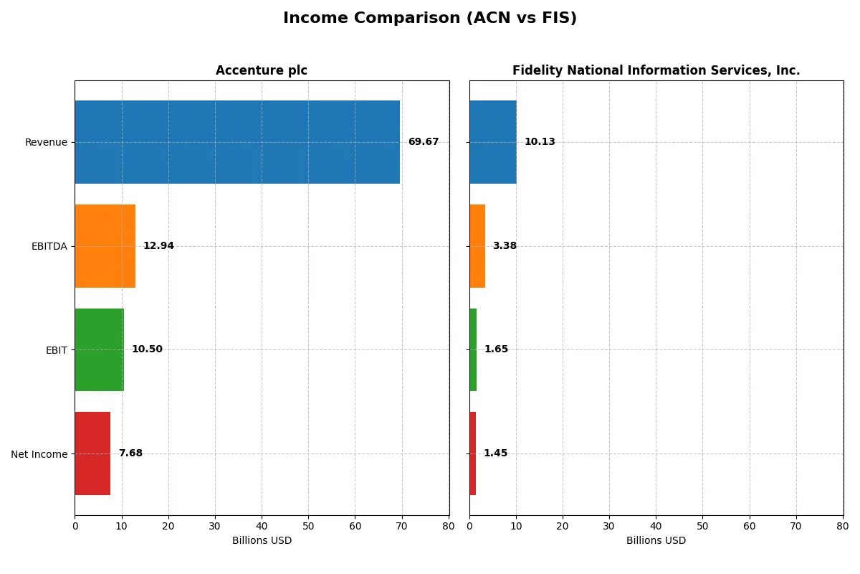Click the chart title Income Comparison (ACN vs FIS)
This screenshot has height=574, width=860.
(x=430, y=19)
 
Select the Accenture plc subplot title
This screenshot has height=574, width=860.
(x=262, y=70)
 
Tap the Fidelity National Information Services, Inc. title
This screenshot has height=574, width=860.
(x=656, y=70)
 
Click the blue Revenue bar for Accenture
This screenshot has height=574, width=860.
(x=237, y=142)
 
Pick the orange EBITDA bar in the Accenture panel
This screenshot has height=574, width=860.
(x=105, y=246)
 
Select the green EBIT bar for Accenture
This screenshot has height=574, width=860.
(x=100, y=349)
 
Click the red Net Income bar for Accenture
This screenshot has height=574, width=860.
(x=92, y=453)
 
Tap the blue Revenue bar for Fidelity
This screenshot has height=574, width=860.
(x=493, y=142)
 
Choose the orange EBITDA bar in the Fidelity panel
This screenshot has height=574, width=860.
(x=477, y=246)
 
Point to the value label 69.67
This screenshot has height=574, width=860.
(x=423, y=142)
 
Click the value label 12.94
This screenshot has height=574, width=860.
(x=158, y=246)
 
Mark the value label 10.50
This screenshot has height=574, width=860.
(x=147, y=349)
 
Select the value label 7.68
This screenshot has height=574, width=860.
(x=130, y=453)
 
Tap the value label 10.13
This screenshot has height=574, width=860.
(x=540, y=142)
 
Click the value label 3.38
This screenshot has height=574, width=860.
(x=505, y=246)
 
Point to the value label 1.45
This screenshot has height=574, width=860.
(x=495, y=453)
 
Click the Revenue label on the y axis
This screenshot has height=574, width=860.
(x=46, y=142)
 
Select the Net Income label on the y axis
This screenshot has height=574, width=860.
(x=39, y=454)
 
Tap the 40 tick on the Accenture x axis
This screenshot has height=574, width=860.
(x=262, y=526)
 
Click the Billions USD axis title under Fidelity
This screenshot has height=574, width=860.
(x=656, y=540)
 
